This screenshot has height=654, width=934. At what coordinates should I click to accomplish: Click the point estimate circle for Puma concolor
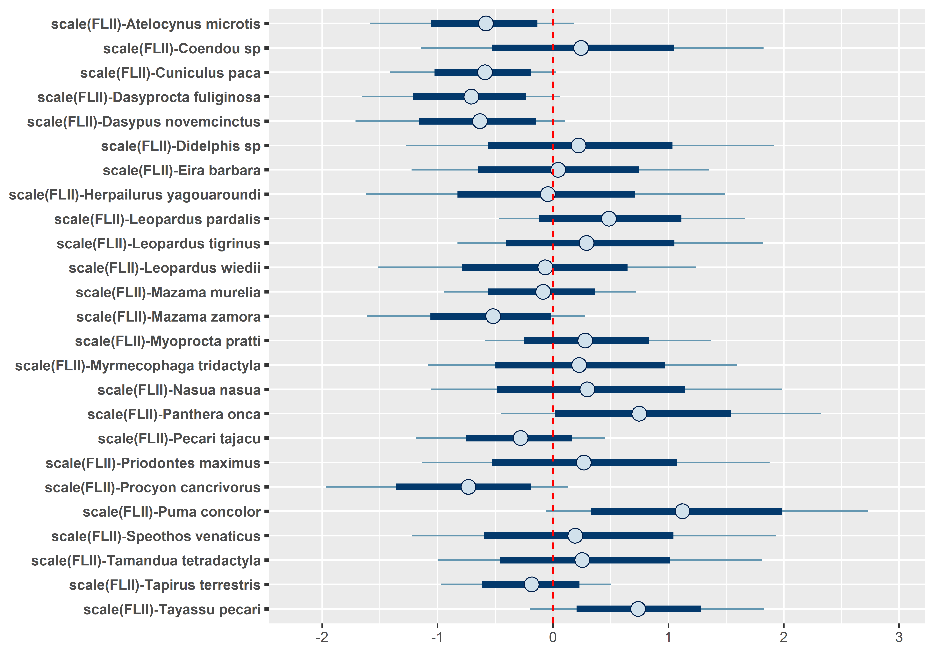[682, 511]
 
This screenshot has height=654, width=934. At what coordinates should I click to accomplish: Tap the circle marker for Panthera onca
[639, 414]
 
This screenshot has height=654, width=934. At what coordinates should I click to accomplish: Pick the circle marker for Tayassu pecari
[638, 609]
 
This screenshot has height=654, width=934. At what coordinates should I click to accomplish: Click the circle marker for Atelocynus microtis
[486, 24]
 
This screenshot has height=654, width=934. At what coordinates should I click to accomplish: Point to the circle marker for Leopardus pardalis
[609, 219]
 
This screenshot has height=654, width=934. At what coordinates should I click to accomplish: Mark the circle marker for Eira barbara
[558, 170]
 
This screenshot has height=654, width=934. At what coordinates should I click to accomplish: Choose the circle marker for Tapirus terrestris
[531, 584]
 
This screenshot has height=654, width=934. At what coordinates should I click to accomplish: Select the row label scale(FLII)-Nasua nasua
[179, 390]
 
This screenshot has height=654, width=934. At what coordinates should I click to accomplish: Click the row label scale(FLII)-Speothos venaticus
[156, 536]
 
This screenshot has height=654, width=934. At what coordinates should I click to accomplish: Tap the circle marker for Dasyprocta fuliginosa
[471, 97]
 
